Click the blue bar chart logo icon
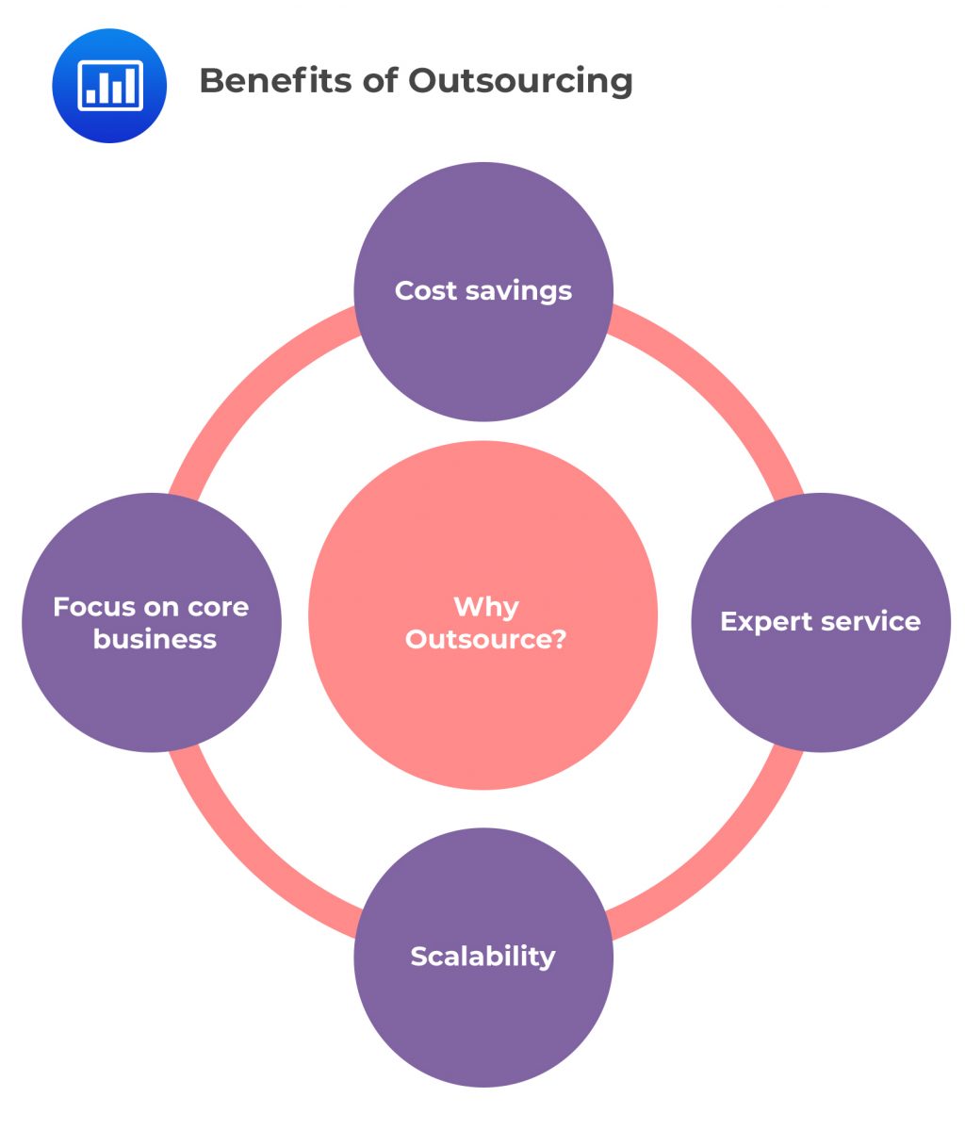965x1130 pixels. point(109,86)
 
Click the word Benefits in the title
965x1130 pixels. point(272,81)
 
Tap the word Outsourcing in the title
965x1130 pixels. point(520,82)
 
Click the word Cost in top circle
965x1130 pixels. point(426,290)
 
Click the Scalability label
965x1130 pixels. point(482,957)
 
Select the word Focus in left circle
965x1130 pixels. point(90,607)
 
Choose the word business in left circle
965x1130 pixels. point(155,639)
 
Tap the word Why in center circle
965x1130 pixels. point(486,607)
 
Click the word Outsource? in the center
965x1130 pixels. point(486,639)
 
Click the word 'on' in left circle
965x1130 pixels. point(165,607)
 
